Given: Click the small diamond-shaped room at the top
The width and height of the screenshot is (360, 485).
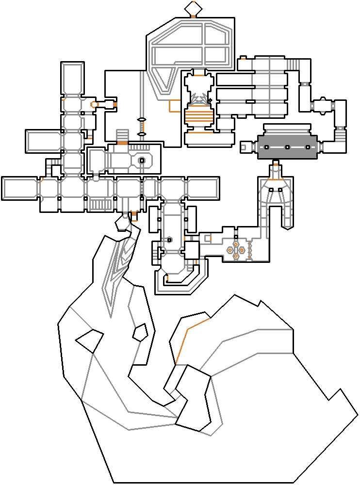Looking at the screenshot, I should pyautogui.click(x=193, y=8).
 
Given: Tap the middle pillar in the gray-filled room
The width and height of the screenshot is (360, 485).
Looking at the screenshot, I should pyautogui.click(x=287, y=147).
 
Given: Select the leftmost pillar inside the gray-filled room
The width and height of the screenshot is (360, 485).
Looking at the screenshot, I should pyautogui.click(x=267, y=147).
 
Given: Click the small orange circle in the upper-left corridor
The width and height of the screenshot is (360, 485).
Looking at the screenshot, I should pyautogui.click(x=94, y=104).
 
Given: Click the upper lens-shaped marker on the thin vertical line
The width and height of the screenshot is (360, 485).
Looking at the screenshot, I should pyautogui.click(x=142, y=120).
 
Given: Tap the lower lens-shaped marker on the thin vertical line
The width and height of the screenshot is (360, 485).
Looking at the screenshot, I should pyautogui.click(x=142, y=134).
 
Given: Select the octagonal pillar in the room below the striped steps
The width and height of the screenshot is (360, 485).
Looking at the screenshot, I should pyautogui.click(x=142, y=161).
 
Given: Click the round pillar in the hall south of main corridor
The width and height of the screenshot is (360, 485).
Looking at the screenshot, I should pyautogui.click(x=169, y=240).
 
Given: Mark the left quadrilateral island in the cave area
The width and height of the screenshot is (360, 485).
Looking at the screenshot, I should pyautogui.click(x=89, y=340).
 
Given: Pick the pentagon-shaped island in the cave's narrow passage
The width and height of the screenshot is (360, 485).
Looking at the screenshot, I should pyautogui.click(x=141, y=332).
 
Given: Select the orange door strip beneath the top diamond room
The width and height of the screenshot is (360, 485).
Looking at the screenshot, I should pyautogui.click(x=193, y=16).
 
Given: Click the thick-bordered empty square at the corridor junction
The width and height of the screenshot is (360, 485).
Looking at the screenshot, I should pyautogui.click(x=192, y=250).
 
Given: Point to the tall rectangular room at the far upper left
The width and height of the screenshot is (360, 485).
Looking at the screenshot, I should pyautogui.click(x=72, y=79).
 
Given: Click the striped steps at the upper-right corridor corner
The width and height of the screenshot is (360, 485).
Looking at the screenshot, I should pyautogui.click(x=293, y=64).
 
